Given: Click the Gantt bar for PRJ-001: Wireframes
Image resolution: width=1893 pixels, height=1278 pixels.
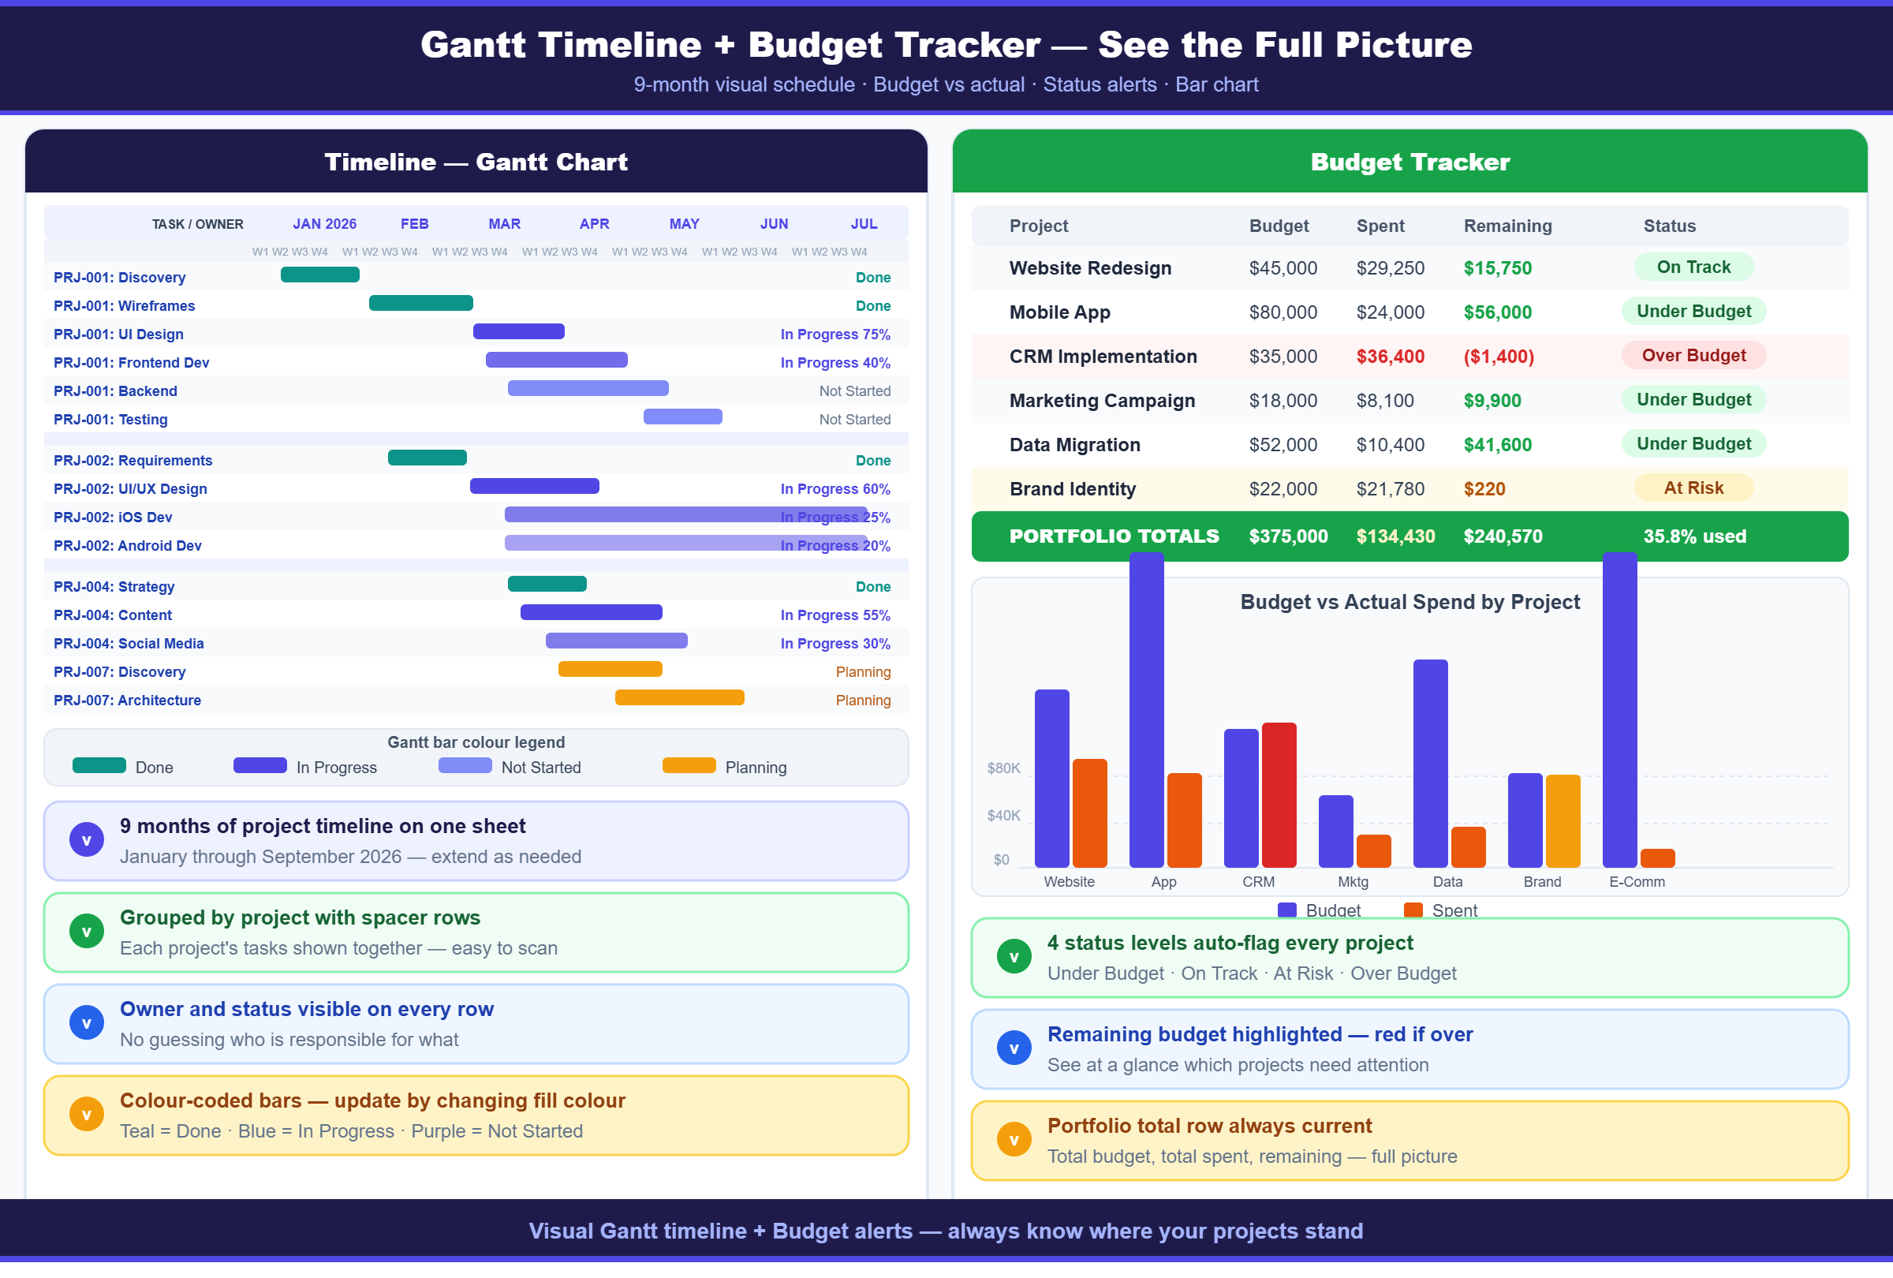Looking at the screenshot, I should [420, 303].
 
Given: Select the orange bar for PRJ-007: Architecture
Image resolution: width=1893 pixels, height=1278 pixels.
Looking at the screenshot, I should [679, 697].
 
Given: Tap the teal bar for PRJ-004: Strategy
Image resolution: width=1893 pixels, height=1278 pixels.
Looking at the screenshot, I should [547, 584].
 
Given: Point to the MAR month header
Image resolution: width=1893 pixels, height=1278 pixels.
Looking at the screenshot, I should [504, 224].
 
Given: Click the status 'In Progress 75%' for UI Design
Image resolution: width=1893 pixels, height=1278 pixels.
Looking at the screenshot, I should [835, 334].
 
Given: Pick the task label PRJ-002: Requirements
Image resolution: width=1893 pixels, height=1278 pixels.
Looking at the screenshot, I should [133, 460].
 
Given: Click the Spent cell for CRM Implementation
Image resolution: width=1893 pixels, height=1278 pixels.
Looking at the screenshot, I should [1390, 357].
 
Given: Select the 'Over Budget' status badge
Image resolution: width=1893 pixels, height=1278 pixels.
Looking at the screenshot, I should [1693, 356].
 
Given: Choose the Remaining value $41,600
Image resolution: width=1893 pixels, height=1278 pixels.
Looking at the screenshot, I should [1497, 445].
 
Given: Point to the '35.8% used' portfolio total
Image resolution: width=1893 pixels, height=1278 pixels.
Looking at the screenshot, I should [1694, 536].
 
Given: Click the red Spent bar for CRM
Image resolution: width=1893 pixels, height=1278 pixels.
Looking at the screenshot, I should [1279, 794].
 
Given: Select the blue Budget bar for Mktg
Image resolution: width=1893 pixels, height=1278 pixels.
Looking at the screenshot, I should [1335, 831].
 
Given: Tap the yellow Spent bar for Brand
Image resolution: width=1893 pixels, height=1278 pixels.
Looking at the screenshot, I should [1563, 820].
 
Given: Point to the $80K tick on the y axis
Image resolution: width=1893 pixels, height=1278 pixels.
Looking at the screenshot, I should [1003, 768].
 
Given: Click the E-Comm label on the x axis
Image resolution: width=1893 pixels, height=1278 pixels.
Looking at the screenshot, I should [1637, 882].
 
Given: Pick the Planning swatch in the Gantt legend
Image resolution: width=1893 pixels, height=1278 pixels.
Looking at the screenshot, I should [689, 766].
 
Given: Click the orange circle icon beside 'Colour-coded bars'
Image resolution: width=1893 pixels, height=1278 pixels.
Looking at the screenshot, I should [86, 1114].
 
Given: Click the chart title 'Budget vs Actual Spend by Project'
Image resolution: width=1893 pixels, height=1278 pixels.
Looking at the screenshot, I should [1409, 602].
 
